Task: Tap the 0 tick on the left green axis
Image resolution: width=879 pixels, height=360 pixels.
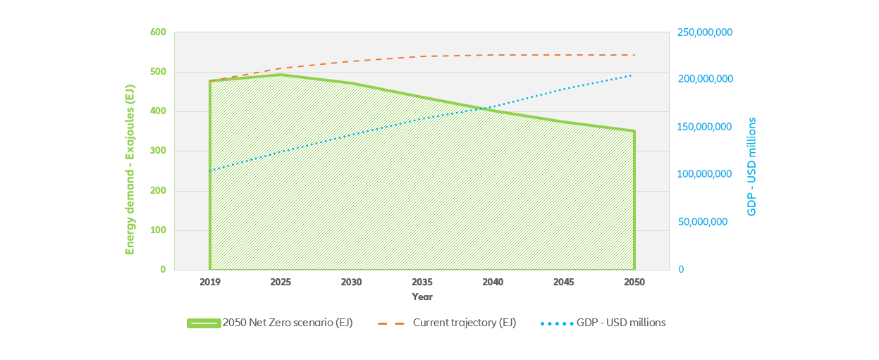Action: tap(162, 270)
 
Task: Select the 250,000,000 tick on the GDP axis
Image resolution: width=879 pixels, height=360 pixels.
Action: tap(705, 32)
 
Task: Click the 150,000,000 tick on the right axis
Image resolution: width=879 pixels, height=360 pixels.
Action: tap(705, 127)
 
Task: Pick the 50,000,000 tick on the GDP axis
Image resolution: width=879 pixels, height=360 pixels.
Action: tap(702, 222)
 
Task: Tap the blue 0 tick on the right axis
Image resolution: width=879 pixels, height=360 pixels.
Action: tap(681, 270)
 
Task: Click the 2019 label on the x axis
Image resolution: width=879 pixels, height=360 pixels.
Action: tap(209, 282)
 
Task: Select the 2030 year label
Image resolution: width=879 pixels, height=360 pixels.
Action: tap(351, 282)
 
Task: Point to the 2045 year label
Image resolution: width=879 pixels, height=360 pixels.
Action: tap(563, 282)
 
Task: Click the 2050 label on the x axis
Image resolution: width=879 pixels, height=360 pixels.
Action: tap(634, 282)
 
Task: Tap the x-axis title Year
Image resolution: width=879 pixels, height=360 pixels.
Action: tap(422, 297)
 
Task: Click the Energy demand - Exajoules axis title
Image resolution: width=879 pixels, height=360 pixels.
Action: tap(130, 170)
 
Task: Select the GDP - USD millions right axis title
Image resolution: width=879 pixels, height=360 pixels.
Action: tap(751, 166)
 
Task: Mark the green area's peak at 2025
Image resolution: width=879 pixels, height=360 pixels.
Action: tap(281, 75)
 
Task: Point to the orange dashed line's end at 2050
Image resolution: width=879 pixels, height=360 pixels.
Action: tap(634, 55)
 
